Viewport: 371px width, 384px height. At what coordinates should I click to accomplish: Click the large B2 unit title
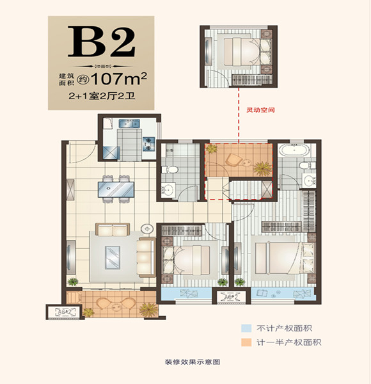[x=104, y=42]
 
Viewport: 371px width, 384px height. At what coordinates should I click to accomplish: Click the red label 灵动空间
[x=260, y=110]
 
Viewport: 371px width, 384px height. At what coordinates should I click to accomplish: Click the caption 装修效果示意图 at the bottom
[x=185, y=362]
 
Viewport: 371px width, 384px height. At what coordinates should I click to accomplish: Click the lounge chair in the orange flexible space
[x=235, y=157]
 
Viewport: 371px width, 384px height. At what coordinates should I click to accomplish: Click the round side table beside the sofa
[x=146, y=228]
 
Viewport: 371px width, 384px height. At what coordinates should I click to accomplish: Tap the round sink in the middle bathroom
[x=169, y=190]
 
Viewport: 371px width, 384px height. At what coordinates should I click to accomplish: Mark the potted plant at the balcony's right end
[x=148, y=309]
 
